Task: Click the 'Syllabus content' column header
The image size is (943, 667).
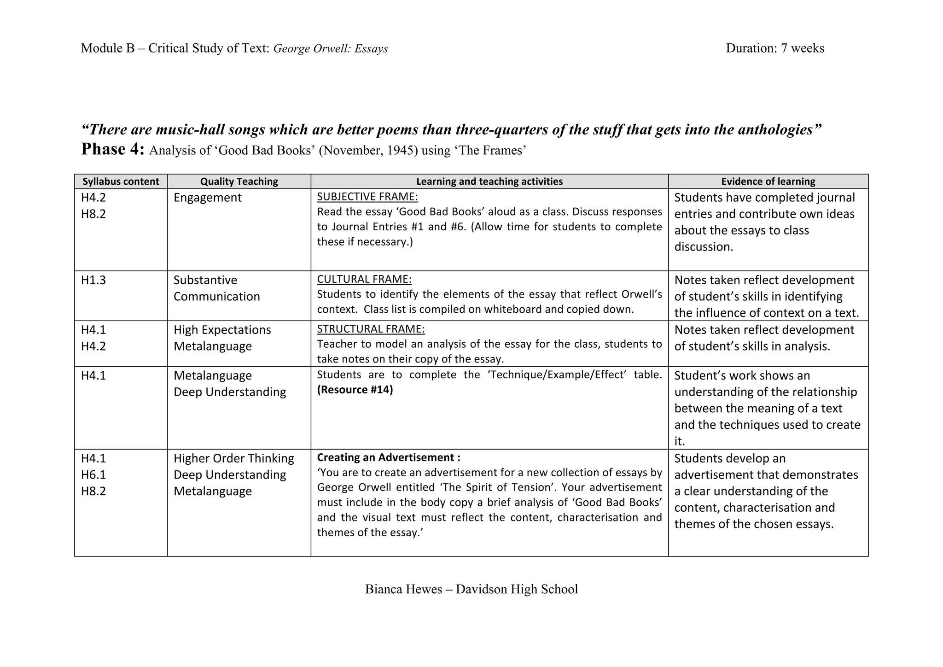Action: click(121, 181)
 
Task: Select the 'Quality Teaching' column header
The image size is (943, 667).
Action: click(239, 181)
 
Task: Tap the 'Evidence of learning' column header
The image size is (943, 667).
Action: click(768, 181)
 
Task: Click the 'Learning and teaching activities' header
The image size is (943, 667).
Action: click(489, 181)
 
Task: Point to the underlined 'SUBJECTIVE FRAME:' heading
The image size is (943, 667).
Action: click(367, 197)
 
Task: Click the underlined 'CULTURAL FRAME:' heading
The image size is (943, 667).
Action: click(364, 279)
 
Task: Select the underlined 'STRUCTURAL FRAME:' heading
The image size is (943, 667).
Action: click(371, 329)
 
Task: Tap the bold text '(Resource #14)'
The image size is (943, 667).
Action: click(355, 390)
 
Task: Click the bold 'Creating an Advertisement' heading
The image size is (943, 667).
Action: click(388, 457)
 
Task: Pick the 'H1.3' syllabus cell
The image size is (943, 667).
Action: click(93, 280)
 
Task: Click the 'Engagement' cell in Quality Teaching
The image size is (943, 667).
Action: click(207, 198)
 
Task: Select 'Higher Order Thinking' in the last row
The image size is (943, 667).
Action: click(233, 458)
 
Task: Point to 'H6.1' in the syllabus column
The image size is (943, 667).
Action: click(93, 475)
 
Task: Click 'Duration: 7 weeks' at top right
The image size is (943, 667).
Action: click(775, 48)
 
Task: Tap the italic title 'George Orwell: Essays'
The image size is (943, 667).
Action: click(330, 49)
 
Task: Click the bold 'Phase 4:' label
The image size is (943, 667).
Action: click(113, 149)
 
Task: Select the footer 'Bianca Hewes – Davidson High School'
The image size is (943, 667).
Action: click(471, 589)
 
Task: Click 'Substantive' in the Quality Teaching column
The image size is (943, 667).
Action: click(205, 280)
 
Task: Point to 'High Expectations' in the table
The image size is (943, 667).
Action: click(222, 330)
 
